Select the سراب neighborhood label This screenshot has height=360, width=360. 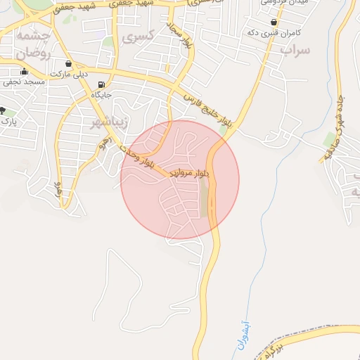295,51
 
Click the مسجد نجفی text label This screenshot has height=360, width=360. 24,82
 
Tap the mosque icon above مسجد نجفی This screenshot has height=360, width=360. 25,71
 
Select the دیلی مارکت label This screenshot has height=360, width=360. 68,75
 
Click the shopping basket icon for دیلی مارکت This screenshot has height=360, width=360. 68,63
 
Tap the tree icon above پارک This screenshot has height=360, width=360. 4,110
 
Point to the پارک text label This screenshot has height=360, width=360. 8,122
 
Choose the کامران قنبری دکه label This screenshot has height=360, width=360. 274,33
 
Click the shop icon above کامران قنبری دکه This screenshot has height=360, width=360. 274,22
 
